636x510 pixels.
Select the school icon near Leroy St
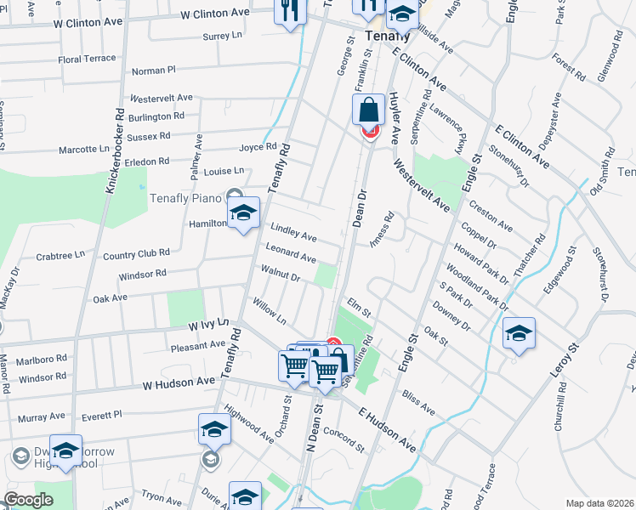point(519,333)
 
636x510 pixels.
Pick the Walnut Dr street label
point(281,276)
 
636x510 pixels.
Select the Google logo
point(29,500)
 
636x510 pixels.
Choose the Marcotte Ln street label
point(84,149)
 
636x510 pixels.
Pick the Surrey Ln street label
point(224,37)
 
